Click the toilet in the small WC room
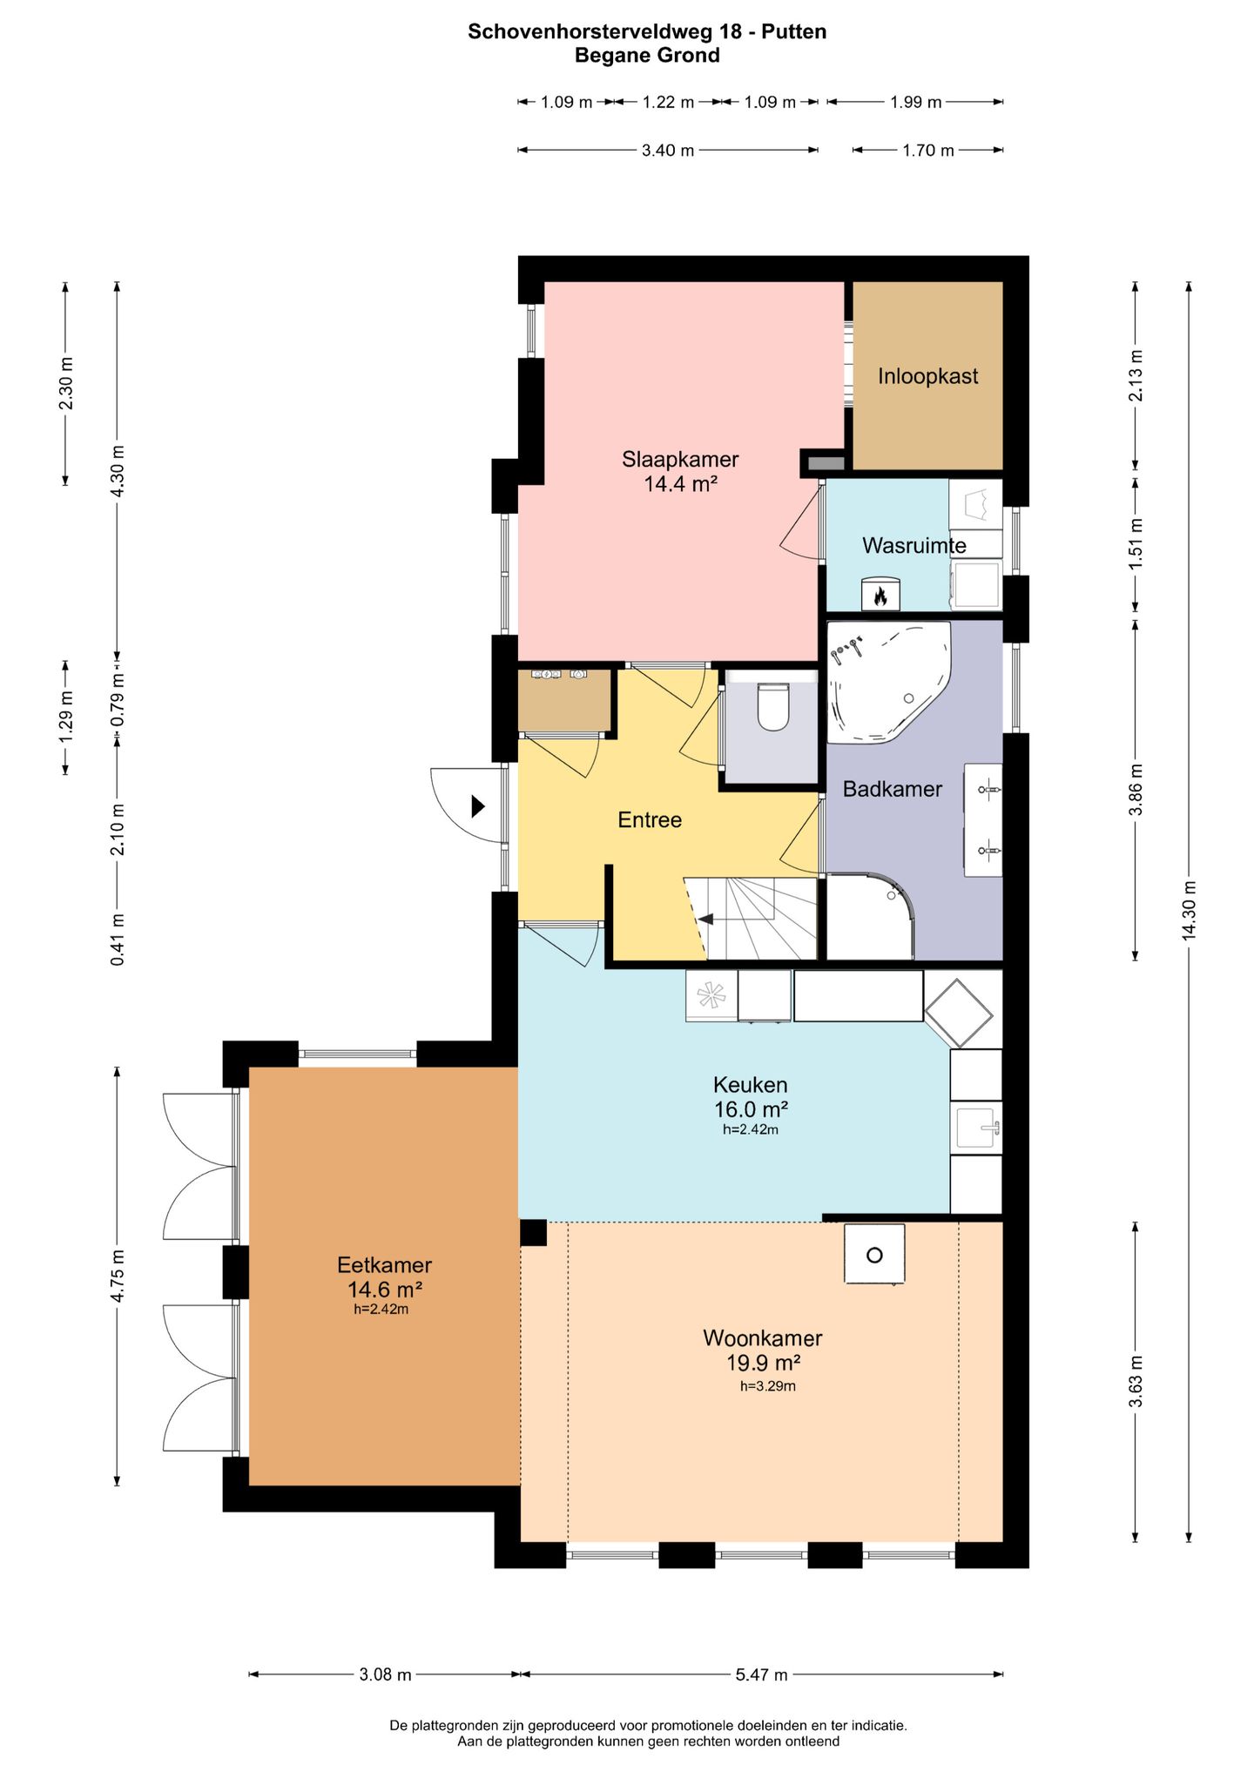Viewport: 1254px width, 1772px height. click(772, 706)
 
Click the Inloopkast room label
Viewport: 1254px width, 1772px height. click(927, 376)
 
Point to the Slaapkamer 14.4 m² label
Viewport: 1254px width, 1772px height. click(680, 471)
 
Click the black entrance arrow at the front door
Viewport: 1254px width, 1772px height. click(477, 805)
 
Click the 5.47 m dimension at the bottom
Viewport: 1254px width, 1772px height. click(761, 1674)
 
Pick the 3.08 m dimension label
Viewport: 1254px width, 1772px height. click(385, 1674)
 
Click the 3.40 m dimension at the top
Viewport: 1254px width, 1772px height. click(668, 150)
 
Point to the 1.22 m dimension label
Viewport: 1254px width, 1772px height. click(668, 102)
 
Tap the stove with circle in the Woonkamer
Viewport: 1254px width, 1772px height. click(874, 1254)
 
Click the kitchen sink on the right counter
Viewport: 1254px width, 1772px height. click(976, 1129)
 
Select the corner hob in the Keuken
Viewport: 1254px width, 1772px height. click(958, 1014)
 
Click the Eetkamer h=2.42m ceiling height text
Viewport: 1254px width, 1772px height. click(381, 1309)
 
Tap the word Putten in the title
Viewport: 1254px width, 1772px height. click(793, 31)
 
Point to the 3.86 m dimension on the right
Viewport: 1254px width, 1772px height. click(1135, 790)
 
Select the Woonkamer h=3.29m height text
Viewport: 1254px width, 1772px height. click(767, 1386)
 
